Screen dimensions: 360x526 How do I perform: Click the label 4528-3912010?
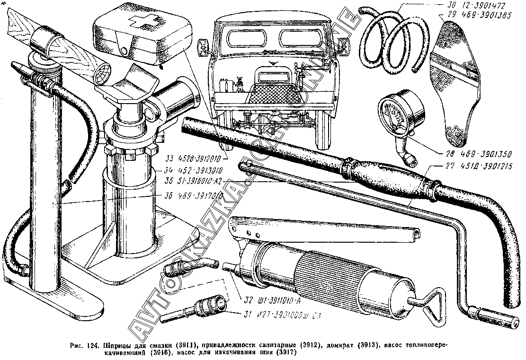[x=196, y=158]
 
